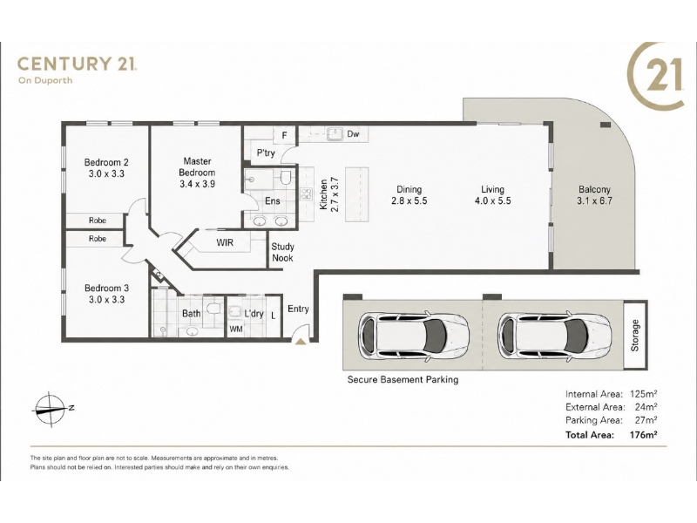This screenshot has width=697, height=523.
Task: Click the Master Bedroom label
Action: tap(197, 166)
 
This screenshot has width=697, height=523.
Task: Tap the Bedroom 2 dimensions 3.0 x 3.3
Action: tap(106, 173)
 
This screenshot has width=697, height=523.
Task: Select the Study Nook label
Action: tap(282, 252)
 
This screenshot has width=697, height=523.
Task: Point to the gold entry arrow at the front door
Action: tap(301, 341)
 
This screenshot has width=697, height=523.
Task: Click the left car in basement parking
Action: tap(413, 336)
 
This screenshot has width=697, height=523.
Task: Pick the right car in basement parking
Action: tap(553, 336)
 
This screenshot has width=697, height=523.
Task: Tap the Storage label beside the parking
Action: tap(635, 336)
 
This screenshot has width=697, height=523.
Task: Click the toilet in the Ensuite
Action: tap(286, 177)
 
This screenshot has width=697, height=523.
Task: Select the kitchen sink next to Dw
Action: tap(335, 133)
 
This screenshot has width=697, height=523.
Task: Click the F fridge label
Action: tap(285, 135)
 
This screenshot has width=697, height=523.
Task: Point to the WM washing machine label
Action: tap(236, 329)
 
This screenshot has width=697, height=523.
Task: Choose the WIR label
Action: tap(225, 243)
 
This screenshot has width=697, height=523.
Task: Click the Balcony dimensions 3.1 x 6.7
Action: tap(594, 200)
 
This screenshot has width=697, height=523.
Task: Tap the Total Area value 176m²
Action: tap(643, 434)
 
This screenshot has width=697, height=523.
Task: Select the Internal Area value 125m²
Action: tap(643, 394)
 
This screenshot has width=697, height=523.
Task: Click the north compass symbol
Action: tap(50, 409)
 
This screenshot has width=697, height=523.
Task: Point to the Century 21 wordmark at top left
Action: tap(77, 64)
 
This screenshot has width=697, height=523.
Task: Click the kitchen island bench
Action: tap(357, 194)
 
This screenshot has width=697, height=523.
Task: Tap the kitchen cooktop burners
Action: tap(306, 194)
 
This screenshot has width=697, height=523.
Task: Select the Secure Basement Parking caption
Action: tap(403, 379)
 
